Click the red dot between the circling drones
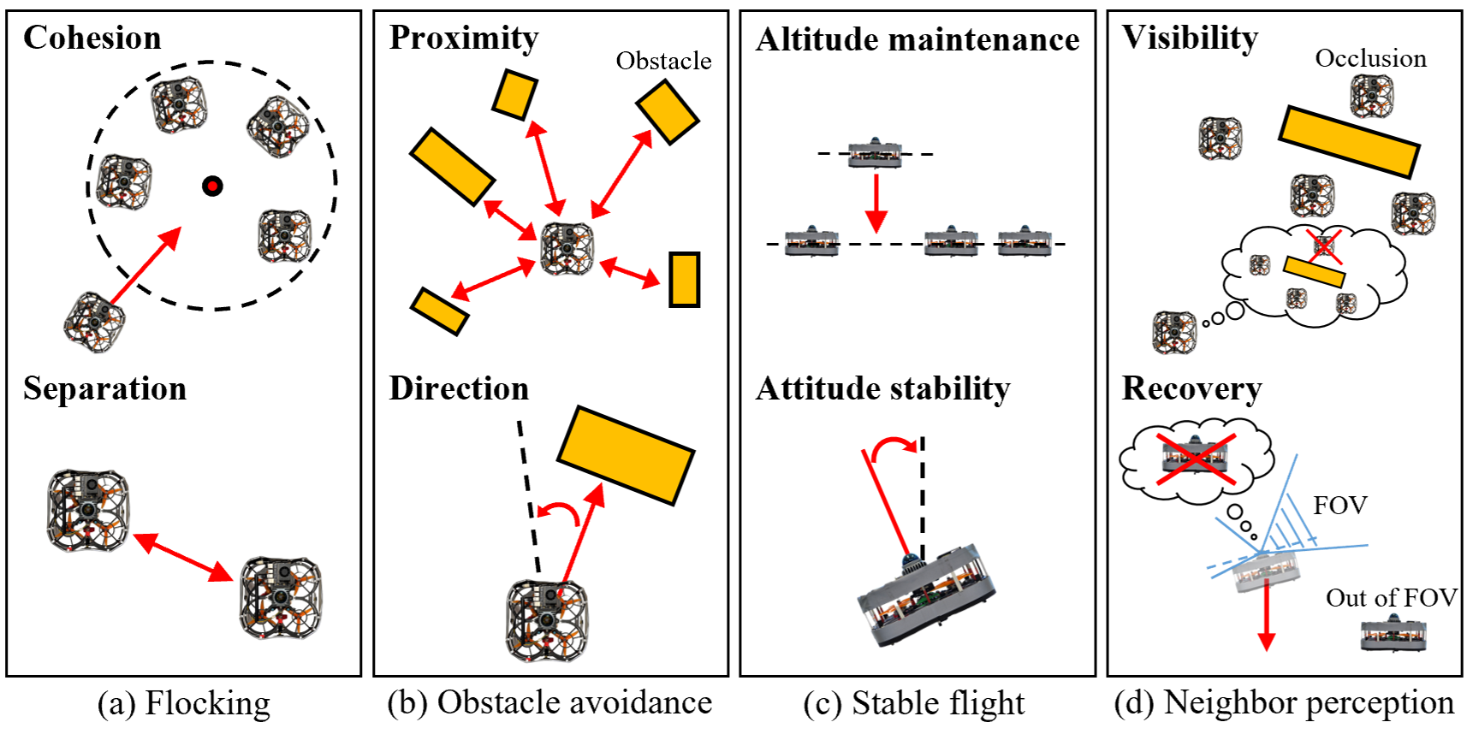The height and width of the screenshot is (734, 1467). click(x=212, y=186)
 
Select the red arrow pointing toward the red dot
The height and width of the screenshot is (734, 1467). click(x=146, y=265)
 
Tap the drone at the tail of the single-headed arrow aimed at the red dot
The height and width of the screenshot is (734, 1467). click(x=94, y=322)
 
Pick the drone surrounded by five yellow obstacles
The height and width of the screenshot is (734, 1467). click(x=567, y=248)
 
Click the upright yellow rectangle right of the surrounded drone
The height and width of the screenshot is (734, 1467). click(x=684, y=279)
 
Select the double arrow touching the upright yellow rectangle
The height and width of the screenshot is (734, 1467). click(x=630, y=275)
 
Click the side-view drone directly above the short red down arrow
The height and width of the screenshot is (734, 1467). click(x=875, y=154)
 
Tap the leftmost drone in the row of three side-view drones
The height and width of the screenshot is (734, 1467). click(x=811, y=242)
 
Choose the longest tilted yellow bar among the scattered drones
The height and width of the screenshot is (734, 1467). click(x=1348, y=141)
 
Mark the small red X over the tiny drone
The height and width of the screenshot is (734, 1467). click(x=1324, y=247)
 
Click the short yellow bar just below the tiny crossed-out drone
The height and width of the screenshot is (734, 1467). click(x=1314, y=272)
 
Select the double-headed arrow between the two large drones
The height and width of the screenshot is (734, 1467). click(x=184, y=557)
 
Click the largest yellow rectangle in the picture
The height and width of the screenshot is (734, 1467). click(x=626, y=454)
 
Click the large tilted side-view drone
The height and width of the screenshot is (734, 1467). click(x=926, y=594)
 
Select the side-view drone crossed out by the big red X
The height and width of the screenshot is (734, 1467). click(x=1196, y=458)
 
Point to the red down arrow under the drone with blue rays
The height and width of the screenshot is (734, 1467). click(x=1266, y=616)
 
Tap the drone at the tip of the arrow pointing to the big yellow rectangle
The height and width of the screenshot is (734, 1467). click(x=548, y=620)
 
